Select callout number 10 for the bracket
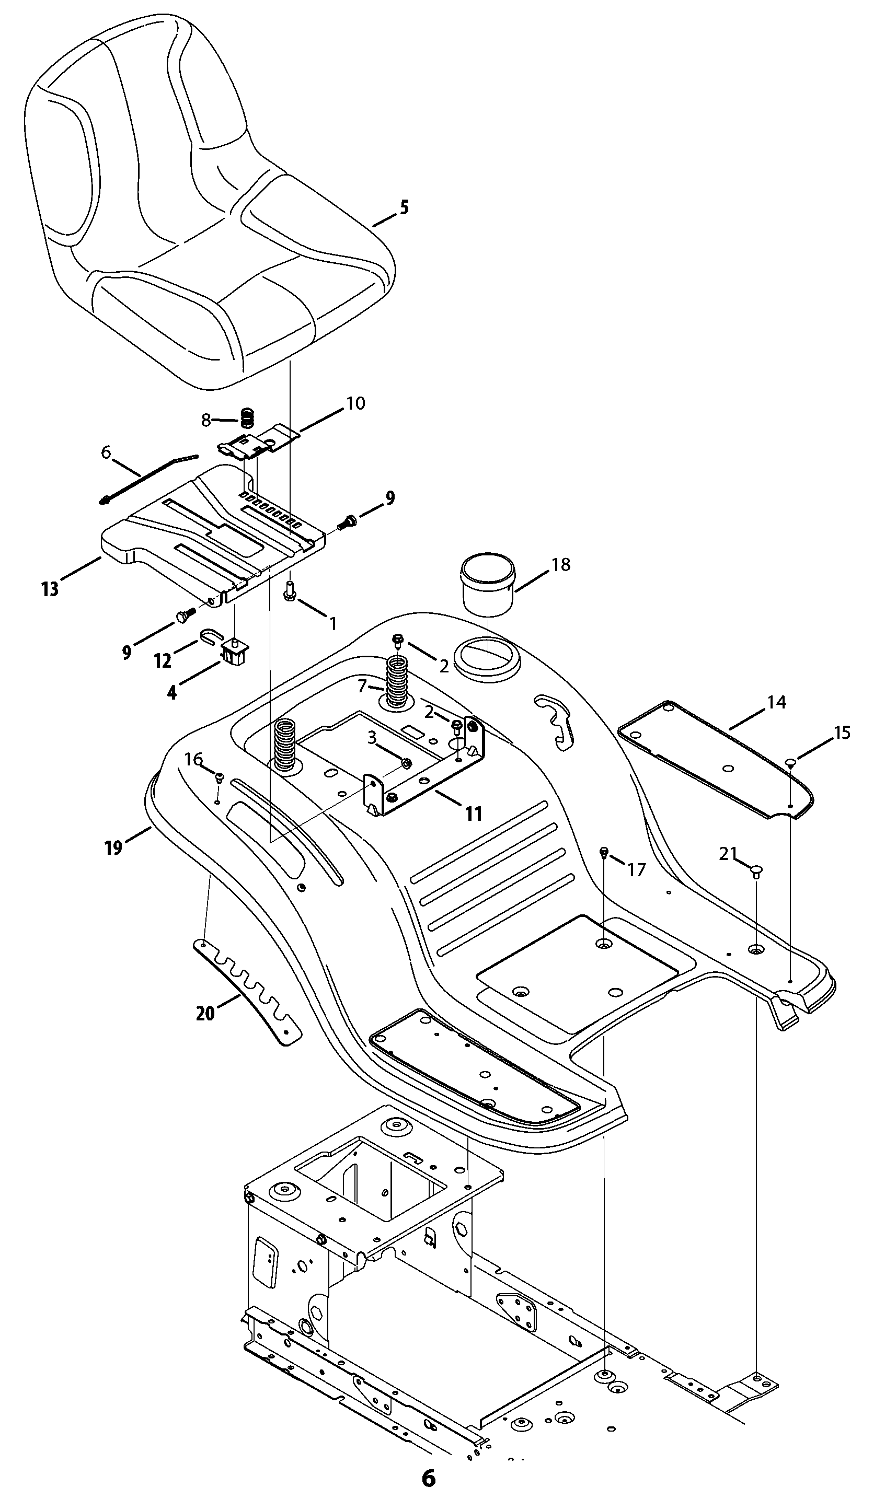pos(355,403)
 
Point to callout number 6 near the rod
pos(106,453)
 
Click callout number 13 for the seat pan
pos(50,589)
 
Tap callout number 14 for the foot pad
pos(776,703)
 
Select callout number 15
pos(842,733)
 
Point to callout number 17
pos(636,870)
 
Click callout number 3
pos(372,738)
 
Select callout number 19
pos(113,847)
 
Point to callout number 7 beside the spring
pos(362,687)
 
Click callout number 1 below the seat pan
pos(333,623)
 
